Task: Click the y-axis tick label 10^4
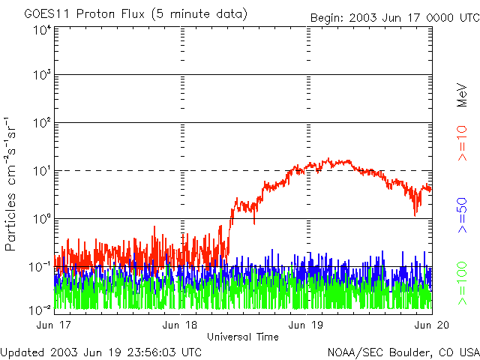click(41, 30)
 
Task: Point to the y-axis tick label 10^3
click(41, 76)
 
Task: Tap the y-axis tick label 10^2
click(41, 123)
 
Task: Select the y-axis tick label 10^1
click(41, 171)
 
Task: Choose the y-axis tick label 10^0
click(41, 219)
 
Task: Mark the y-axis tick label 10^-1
click(40, 267)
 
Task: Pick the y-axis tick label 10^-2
click(40, 309)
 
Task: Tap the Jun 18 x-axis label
click(181, 325)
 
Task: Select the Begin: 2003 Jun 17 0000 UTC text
click(394, 17)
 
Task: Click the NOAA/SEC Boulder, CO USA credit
click(403, 352)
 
